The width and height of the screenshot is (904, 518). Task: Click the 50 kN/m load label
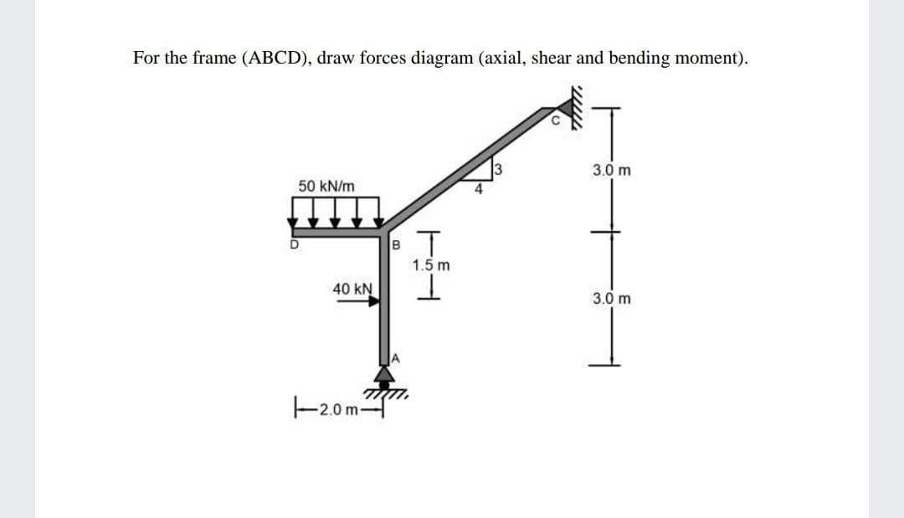[326, 185]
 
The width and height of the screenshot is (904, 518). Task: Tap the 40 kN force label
[352, 289]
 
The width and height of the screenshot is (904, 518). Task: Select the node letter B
[397, 245]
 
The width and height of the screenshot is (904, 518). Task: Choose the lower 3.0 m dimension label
[611, 297]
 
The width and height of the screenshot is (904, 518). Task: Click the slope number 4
[478, 189]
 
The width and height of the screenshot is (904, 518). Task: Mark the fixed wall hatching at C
[575, 102]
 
